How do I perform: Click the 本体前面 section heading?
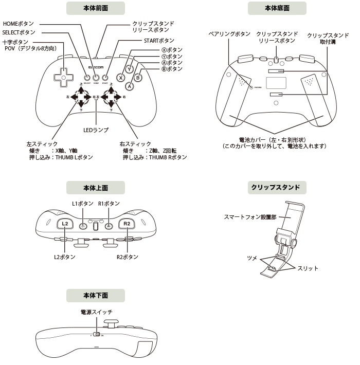96,8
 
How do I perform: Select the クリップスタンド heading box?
277,187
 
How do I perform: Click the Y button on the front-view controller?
130,68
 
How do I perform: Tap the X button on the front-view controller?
121,78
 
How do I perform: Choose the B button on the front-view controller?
138,78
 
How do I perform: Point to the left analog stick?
81,96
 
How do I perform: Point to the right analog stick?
111,96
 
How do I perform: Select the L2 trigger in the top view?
65,224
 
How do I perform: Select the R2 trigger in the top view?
127,224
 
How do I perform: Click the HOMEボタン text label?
19,24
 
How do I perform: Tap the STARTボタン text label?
159,41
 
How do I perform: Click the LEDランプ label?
96,131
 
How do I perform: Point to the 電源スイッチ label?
96,312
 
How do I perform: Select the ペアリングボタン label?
229,33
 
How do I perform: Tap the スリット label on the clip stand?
308,268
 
